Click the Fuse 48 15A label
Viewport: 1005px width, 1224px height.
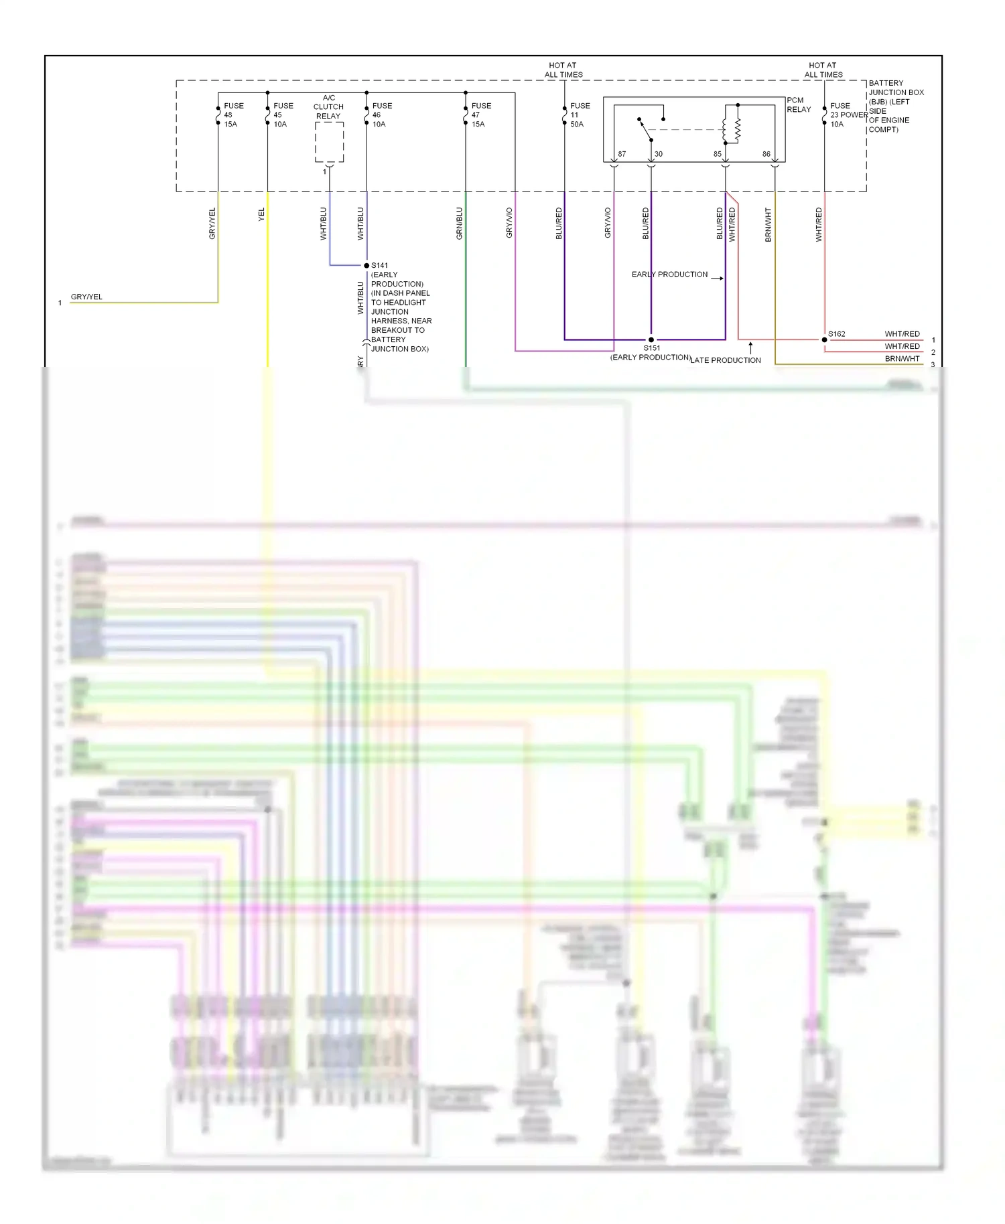pyautogui.click(x=233, y=114)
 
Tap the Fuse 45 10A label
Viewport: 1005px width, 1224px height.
pyautogui.click(x=283, y=114)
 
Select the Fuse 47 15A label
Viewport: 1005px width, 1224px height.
pyautogui.click(x=480, y=114)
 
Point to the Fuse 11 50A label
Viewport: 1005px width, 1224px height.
pyautogui.click(x=580, y=114)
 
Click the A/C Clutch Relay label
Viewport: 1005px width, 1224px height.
pyautogui.click(x=328, y=106)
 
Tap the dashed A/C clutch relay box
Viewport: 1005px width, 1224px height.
pyautogui.click(x=330, y=142)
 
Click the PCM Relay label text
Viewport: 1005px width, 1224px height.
pyautogui.click(x=798, y=104)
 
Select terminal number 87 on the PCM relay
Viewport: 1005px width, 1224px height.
pyautogui.click(x=622, y=154)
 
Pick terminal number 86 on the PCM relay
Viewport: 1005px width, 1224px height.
pyautogui.click(x=766, y=154)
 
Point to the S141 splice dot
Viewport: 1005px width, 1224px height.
pyautogui.click(x=366, y=266)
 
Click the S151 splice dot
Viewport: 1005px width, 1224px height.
pyautogui.click(x=651, y=339)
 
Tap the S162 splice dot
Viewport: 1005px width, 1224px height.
pyautogui.click(x=825, y=339)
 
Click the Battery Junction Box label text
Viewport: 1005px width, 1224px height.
pyautogui.click(x=895, y=106)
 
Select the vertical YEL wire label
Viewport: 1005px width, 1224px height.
pyautogui.click(x=261, y=214)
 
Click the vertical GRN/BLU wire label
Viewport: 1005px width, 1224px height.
pyautogui.click(x=459, y=223)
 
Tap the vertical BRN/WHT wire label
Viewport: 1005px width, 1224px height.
pyautogui.click(x=768, y=224)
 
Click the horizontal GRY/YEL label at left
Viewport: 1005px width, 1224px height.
pyautogui.click(x=86, y=297)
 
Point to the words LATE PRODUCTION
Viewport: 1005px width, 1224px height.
pyautogui.click(x=726, y=360)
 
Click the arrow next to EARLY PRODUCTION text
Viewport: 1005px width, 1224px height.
pyautogui.click(x=717, y=278)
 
